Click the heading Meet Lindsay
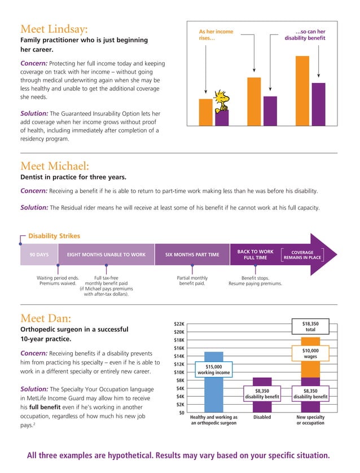[x=54, y=28]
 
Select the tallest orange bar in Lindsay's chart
[x=302, y=90]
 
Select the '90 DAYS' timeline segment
[x=39, y=255]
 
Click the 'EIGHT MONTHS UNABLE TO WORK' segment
[x=106, y=255]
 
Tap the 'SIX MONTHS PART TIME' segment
[x=192, y=255]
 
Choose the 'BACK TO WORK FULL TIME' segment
[x=255, y=255]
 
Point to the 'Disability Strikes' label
[x=54, y=236]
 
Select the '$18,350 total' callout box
[x=310, y=327]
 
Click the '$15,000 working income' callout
[x=214, y=370]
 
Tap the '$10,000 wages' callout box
[x=310, y=353]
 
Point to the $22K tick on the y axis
[x=178, y=323]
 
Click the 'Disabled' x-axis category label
[x=262, y=417]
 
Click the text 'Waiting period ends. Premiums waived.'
[x=58, y=281]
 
